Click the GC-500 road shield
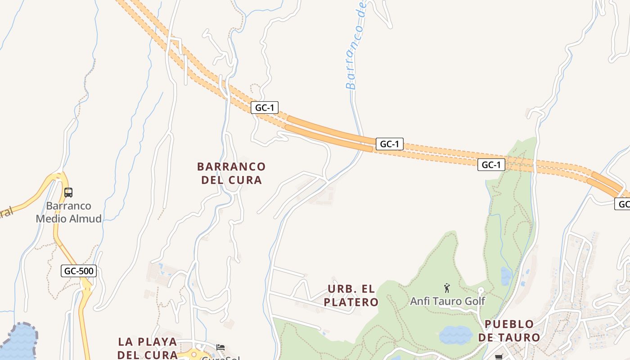79,271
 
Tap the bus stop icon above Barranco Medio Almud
68,193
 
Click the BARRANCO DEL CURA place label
231,173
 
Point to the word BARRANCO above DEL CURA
231,166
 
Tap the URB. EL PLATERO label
351,295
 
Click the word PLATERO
351,302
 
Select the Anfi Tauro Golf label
447,301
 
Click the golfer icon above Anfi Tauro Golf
447,288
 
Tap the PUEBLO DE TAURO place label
509,331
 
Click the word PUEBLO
509,324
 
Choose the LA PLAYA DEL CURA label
148,348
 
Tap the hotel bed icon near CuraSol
220,347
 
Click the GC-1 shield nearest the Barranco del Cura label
265,108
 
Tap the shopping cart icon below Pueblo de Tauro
499,357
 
